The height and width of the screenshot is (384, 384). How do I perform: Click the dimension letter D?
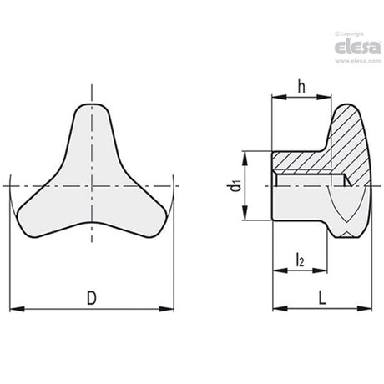pyautogui.click(x=92, y=298)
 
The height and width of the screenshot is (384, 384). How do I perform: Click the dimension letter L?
pyautogui.click(x=322, y=298)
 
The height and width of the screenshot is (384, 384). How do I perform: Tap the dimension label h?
pyautogui.click(x=301, y=87)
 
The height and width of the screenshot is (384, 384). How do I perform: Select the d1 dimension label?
pyautogui.click(x=235, y=186)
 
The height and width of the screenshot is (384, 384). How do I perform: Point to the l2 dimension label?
pyautogui.click(x=300, y=260)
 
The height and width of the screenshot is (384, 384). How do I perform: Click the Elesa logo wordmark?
pyautogui.click(x=357, y=48)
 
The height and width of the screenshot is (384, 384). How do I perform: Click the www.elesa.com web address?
pyautogui.click(x=358, y=61)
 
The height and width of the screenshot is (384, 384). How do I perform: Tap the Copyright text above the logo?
pyautogui.click(x=349, y=34)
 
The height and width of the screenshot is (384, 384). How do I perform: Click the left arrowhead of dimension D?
pyautogui.click(x=17, y=309)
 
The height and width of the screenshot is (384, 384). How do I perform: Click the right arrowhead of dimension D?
pyautogui.click(x=166, y=309)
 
